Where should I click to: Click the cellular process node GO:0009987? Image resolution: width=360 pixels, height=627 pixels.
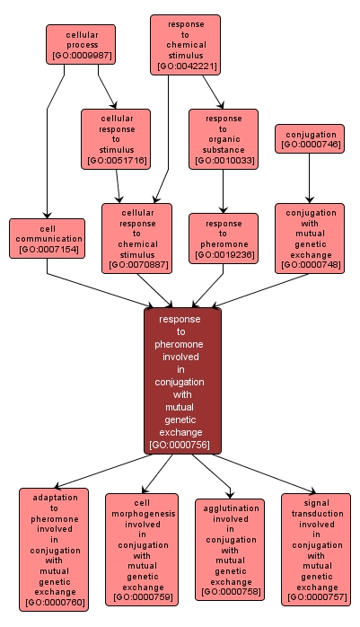(81, 45)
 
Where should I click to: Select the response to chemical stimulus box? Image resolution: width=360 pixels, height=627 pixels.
(186, 44)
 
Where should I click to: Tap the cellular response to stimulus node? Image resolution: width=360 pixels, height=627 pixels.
(115, 139)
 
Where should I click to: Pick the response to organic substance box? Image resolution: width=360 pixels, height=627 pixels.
(223, 139)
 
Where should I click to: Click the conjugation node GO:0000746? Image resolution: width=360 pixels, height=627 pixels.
(311, 139)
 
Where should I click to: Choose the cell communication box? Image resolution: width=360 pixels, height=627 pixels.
(48, 239)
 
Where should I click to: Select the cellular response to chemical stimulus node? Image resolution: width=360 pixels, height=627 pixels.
(136, 238)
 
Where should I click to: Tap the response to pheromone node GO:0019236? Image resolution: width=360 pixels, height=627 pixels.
(223, 238)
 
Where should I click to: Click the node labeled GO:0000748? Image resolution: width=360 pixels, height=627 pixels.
(311, 238)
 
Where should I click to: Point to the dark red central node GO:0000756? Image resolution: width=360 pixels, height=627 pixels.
(182, 381)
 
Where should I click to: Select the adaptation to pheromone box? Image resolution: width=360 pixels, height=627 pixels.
(54, 549)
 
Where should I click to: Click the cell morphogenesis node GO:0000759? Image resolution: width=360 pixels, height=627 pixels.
(141, 548)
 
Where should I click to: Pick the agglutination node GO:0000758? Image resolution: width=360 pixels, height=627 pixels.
(230, 549)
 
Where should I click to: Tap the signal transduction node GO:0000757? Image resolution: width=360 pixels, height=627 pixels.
(316, 548)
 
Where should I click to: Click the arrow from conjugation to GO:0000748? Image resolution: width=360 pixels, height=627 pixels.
(310, 179)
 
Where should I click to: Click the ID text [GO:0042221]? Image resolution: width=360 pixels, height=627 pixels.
(186, 66)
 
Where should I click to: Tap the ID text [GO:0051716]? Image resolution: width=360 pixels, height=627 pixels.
(115, 161)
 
